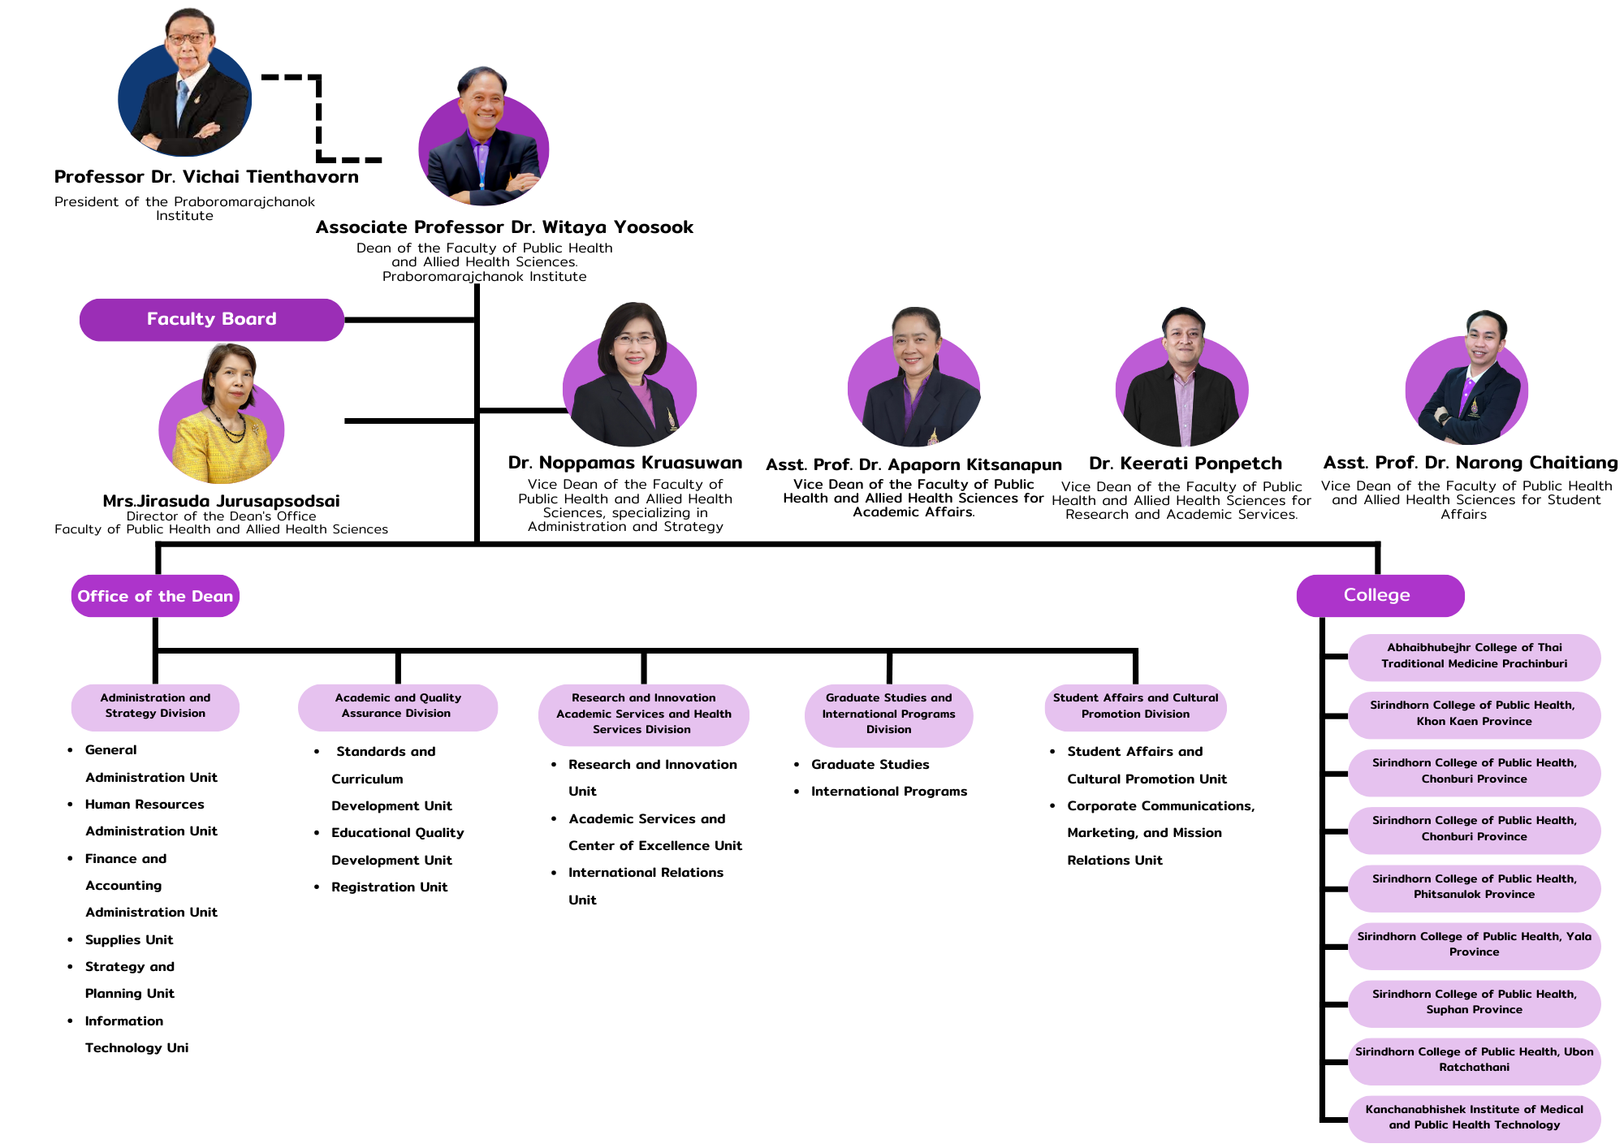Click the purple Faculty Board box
tap(211, 319)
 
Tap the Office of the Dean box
tap(155, 596)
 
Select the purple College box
tap(1380, 595)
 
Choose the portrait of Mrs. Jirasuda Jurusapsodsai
tap(222, 418)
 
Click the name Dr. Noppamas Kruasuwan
tap(624, 463)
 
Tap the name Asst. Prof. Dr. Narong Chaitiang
tap(1470, 463)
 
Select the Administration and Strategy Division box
tap(155, 706)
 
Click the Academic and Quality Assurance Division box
tap(397, 706)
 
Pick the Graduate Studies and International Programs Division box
tap(888, 714)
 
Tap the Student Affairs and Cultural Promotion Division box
tap(1135, 706)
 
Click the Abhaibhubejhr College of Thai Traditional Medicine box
tap(1474, 656)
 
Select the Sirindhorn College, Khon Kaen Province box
tap(1474, 714)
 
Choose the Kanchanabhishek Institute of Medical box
tap(1474, 1117)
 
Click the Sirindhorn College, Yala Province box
tap(1474, 944)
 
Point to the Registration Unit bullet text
tap(389, 887)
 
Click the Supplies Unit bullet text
tap(129, 940)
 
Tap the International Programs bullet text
tap(888, 792)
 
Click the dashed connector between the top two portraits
tap(319, 118)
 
